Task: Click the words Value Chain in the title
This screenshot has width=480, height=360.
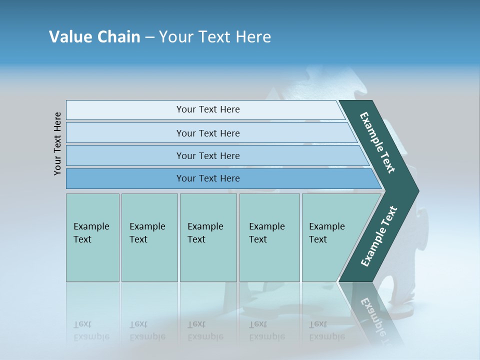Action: click(x=94, y=37)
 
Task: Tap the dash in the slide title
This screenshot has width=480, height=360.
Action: click(x=149, y=37)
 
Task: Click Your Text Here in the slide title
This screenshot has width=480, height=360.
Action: click(x=215, y=37)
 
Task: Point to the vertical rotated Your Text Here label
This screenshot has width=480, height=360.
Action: click(x=57, y=143)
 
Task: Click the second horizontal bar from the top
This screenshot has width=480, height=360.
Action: click(x=208, y=133)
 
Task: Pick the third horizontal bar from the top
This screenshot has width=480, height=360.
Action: click(x=208, y=155)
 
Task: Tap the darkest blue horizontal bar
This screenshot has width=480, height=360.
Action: click(x=208, y=178)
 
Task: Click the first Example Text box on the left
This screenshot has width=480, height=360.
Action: click(x=92, y=237)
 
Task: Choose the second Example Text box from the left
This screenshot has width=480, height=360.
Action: click(x=149, y=237)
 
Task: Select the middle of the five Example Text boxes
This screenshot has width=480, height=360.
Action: click(x=208, y=237)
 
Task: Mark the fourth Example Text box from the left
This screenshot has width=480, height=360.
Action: click(x=269, y=237)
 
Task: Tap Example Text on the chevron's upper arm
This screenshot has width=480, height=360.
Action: click(x=378, y=142)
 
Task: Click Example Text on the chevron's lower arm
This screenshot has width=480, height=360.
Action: click(x=379, y=236)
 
